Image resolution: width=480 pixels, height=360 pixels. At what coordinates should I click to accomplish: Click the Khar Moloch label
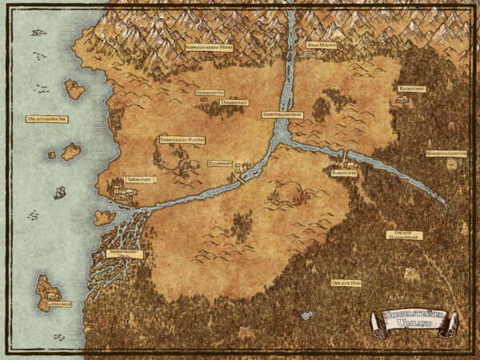click(x=320, y=46)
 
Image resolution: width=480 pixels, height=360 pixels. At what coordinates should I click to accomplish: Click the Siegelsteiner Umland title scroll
click(x=413, y=322)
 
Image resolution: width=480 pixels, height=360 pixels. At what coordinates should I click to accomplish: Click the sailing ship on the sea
click(x=59, y=193)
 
